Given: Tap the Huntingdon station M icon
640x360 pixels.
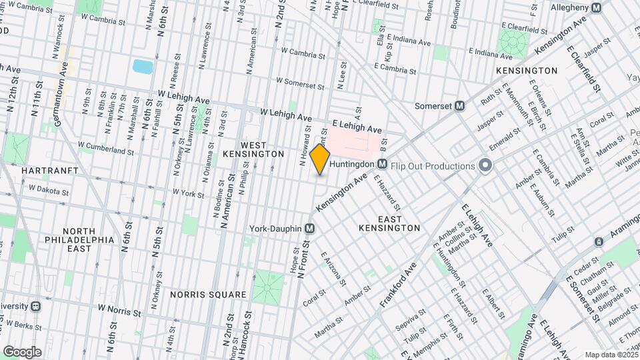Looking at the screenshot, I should click(x=383, y=164).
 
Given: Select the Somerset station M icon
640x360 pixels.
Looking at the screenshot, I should click(x=459, y=106).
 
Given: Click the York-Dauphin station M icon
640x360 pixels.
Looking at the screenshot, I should click(x=309, y=228).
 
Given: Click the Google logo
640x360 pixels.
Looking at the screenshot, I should click(x=22, y=351).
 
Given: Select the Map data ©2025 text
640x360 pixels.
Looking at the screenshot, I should click(x=611, y=355).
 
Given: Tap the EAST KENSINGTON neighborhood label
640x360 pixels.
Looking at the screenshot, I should click(x=389, y=223).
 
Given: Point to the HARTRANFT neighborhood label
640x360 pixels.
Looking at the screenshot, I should click(x=49, y=171).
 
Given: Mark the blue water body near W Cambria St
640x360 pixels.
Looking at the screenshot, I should click(x=143, y=66).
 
